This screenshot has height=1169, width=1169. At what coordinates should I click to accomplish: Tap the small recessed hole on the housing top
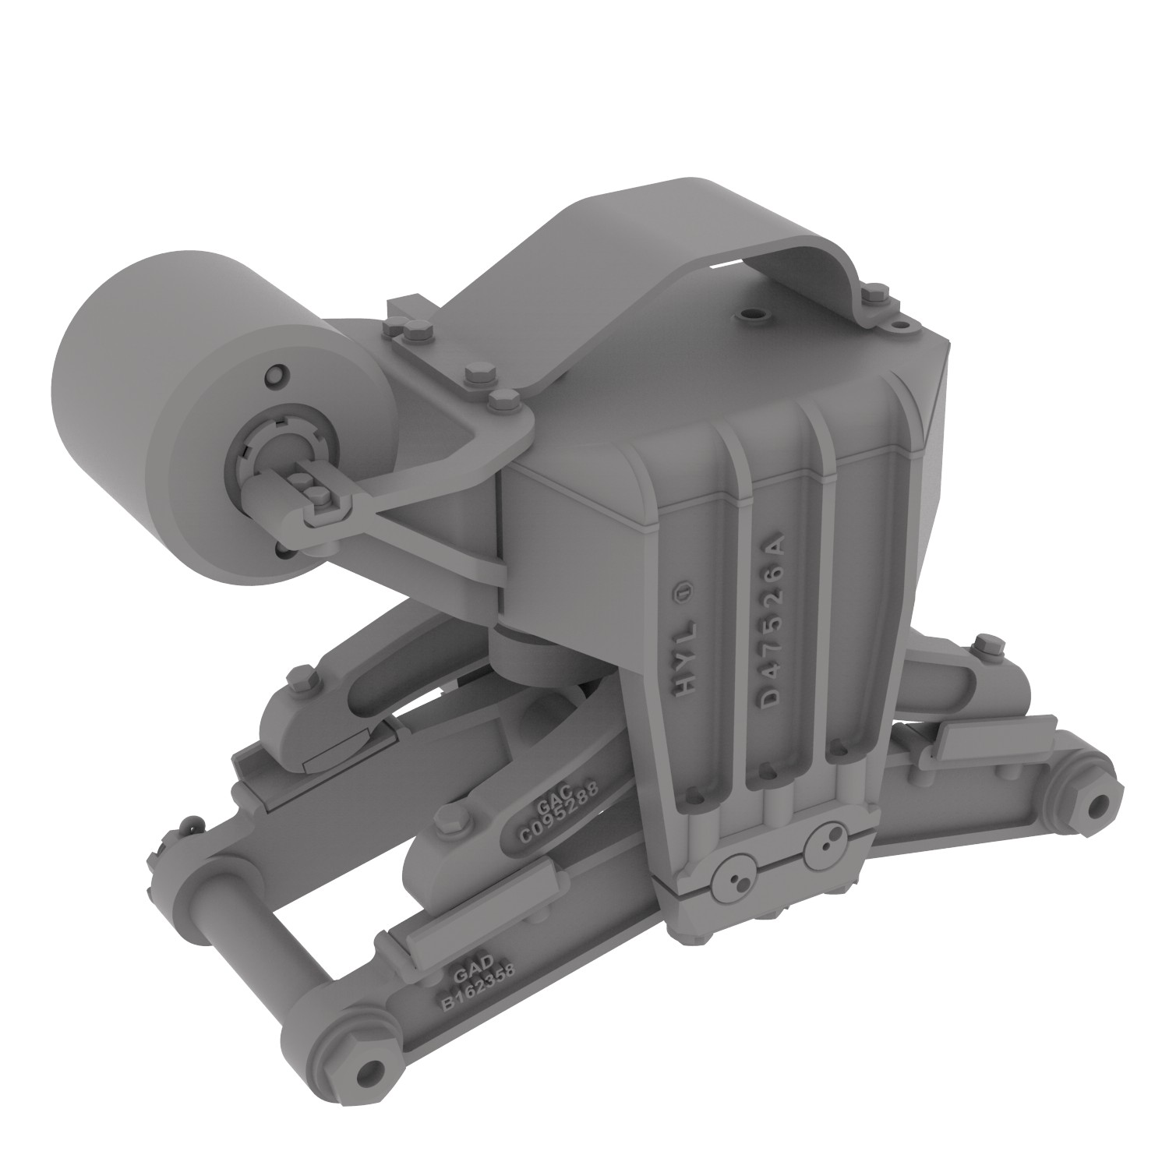[x=754, y=317]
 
